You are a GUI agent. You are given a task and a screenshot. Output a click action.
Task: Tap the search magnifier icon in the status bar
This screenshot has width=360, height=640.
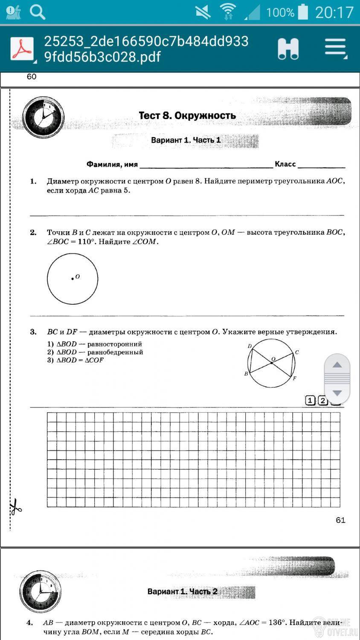(x=38, y=12)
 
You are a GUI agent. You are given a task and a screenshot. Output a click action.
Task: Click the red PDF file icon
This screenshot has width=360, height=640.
(x=22, y=49)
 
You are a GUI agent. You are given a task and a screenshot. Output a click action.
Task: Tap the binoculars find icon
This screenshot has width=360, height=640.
(x=288, y=49)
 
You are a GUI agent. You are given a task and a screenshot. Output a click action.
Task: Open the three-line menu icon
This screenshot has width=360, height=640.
(x=335, y=47)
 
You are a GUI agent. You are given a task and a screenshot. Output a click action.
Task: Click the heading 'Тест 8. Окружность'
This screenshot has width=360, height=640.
(x=187, y=116)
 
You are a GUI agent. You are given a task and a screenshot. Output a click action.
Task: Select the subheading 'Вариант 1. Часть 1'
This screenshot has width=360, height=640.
(x=186, y=140)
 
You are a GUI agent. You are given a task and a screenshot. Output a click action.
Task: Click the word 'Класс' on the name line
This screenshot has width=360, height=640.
(x=285, y=164)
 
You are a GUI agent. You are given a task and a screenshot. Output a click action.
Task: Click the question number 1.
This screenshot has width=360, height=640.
(x=33, y=181)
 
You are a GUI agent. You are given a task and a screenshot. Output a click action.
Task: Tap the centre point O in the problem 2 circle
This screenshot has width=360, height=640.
(x=73, y=279)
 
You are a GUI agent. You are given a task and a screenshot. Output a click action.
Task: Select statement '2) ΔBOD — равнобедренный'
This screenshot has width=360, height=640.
(x=95, y=352)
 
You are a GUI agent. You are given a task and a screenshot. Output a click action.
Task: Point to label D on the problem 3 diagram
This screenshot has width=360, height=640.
(x=250, y=346)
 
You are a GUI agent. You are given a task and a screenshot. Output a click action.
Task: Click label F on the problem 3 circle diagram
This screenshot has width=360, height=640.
(x=294, y=378)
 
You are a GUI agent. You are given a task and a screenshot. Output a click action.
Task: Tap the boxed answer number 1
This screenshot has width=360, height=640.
(x=310, y=400)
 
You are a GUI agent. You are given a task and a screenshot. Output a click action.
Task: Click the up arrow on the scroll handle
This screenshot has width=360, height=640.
(x=337, y=365)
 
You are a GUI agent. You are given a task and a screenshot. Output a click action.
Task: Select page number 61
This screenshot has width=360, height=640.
(x=340, y=520)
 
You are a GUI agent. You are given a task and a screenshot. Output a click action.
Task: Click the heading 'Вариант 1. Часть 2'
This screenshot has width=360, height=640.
(x=182, y=592)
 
